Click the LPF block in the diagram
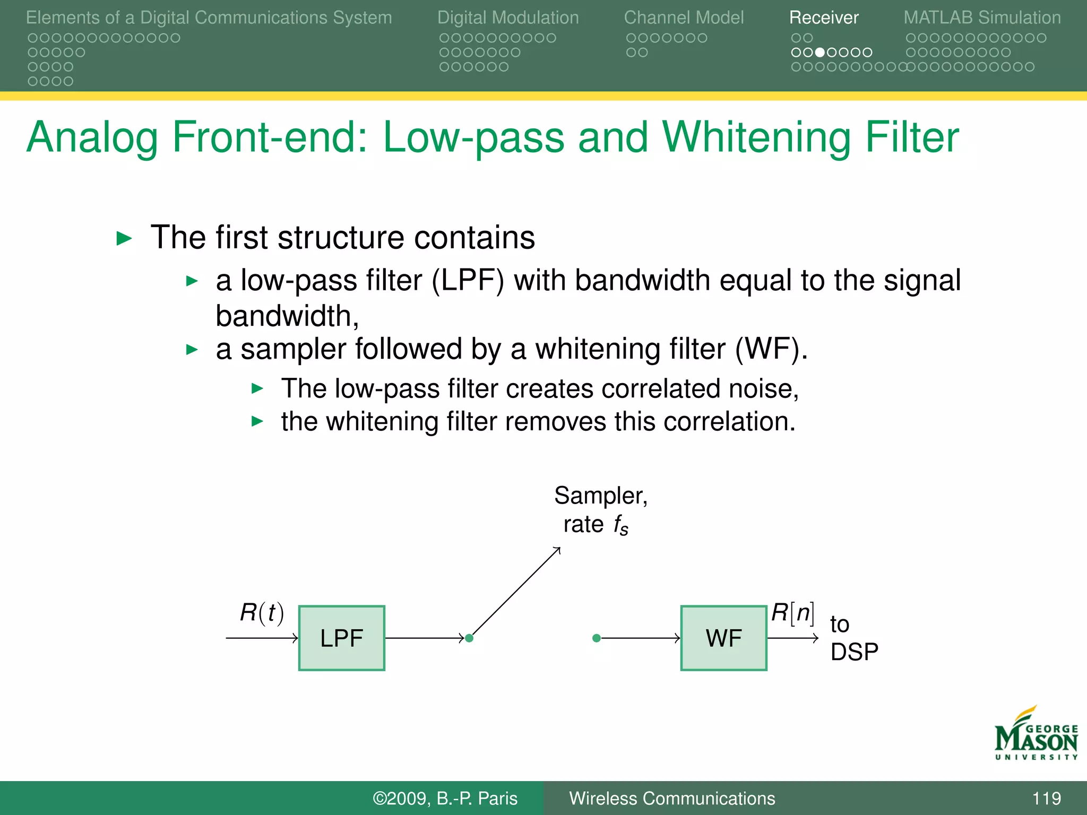pyautogui.click(x=341, y=638)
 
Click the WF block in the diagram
pyautogui.click(x=723, y=638)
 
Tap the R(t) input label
pyautogui.click(x=262, y=612)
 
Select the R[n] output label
pyautogui.click(x=792, y=612)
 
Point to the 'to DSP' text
pyautogui.click(x=853, y=638)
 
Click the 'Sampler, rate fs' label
pyautogui.click(x=600, y=509)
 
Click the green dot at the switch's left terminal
pyautogui.click(x=469, y=638)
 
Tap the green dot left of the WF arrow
pyautogui.click(x=597, y=638)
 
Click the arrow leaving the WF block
pyautogui.click(x=793, y=638)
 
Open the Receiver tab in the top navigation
pyautogui.click(x=823, y=18)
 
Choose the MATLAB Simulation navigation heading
pyautogui.click(x=982, y=18)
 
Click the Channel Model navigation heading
pyautogui.click(x=684, y=18)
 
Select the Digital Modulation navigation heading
pyautogui.click(x=508, y=18)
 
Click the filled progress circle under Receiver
pyautogui.click(x=820, y=52)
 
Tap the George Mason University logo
pyautogui.click(x=1036, y=734)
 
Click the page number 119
pyautogui.click(x=1046, y=798)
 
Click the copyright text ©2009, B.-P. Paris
pyautogui.click(x=445, y=798)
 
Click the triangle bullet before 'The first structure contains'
pyautogui.click(x=124, y=238)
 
